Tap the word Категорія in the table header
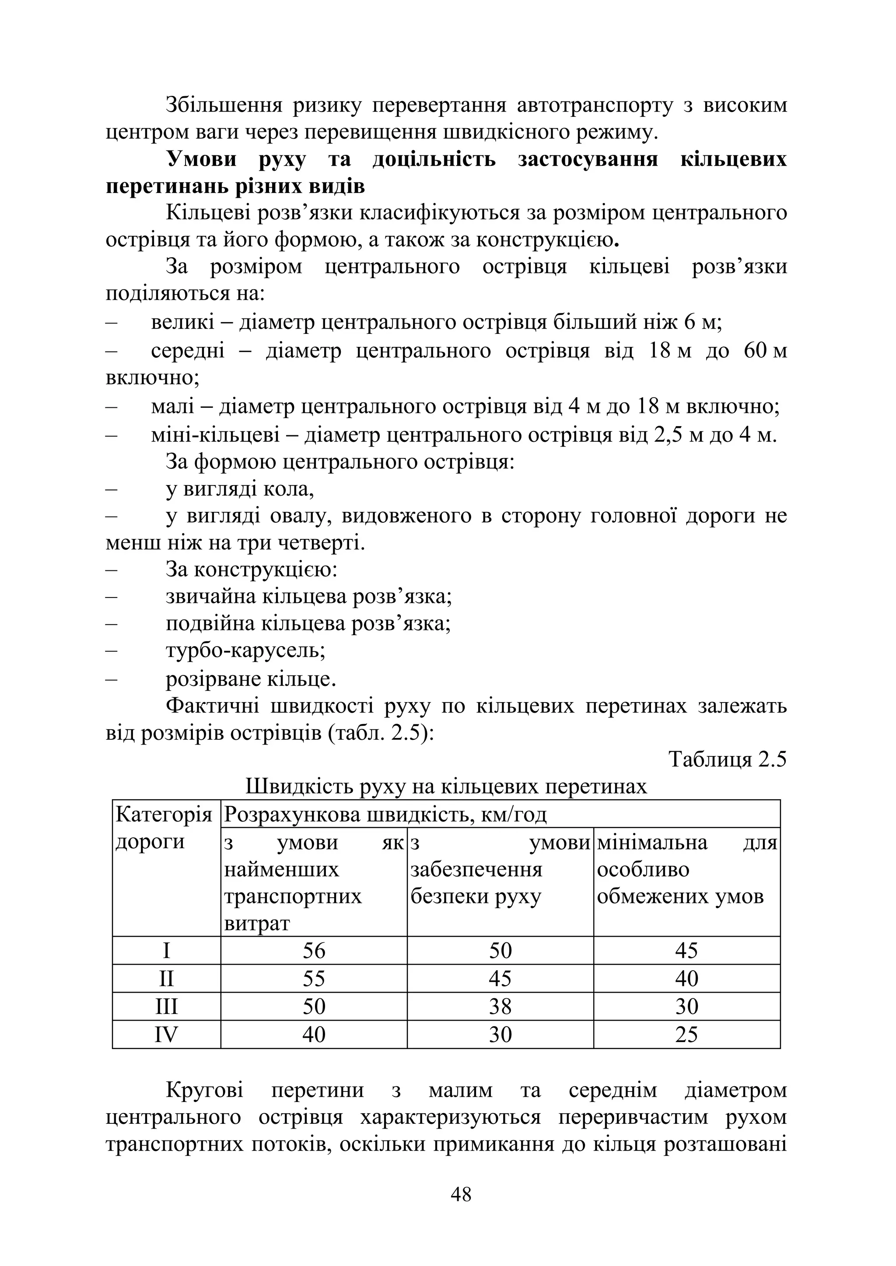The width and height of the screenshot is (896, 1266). tap(164, 814)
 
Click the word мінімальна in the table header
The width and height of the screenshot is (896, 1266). tap(651, 843)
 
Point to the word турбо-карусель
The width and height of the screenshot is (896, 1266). tap(245, 651)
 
